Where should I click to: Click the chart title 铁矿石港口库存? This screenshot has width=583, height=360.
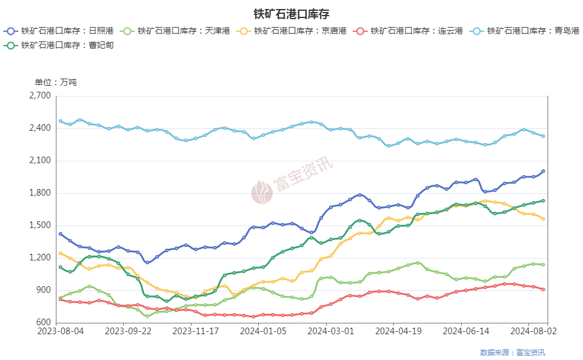291,14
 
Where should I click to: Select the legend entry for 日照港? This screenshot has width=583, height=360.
58,31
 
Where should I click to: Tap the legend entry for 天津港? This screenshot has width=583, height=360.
175,31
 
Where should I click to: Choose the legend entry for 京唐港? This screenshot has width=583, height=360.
291,31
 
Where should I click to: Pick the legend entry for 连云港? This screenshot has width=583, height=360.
408,31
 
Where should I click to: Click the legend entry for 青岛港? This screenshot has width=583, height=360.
524,31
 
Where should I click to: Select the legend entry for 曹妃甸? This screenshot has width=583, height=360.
58,45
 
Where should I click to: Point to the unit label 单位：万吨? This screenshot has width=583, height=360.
56,82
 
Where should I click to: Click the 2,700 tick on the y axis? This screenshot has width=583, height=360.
41,96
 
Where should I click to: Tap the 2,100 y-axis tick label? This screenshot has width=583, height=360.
41,161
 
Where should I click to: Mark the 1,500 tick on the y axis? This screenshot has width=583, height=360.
41,226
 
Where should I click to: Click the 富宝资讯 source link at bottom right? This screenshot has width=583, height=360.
531,353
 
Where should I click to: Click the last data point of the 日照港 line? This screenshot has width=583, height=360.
543,172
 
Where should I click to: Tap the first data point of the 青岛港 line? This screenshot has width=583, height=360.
60,121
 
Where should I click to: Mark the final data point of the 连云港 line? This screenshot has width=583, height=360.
543,289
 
